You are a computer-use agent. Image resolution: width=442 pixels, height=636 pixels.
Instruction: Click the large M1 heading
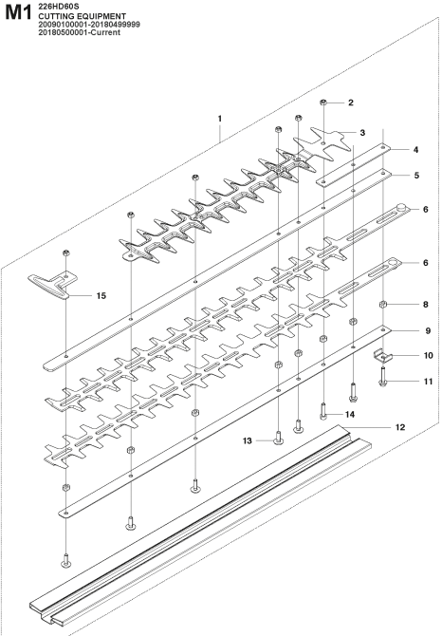pos(18,12)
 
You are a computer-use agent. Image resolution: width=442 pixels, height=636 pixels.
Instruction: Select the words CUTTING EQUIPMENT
pos(82,16)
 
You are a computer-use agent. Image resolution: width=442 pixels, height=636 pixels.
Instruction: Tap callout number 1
pos(220,119)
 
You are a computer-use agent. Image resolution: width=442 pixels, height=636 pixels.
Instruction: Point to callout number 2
pos(351,103)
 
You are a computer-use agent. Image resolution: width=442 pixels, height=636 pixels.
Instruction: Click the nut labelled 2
pos(323,103)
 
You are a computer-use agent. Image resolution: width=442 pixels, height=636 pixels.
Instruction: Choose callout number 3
pos(362,133)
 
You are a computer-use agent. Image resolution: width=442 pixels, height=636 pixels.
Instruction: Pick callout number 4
pos(415,150)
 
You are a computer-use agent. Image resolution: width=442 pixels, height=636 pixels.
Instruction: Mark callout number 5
pos(417,176)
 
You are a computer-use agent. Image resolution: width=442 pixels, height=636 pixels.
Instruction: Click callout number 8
pos(425,304)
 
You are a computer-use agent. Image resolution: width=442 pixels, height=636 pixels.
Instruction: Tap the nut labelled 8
pos(382,304)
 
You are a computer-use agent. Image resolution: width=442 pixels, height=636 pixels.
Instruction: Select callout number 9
pos(428,331)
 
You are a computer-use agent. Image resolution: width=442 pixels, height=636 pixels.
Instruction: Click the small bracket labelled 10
pos(382,356)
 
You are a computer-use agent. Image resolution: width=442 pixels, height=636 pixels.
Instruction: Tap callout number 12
pos(400,427)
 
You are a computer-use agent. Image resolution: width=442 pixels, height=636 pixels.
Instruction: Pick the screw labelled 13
pos(278,438)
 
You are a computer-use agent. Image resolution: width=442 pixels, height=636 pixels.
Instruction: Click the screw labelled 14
pos(323,410)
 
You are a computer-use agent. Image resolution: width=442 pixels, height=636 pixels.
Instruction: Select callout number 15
pos(101,295)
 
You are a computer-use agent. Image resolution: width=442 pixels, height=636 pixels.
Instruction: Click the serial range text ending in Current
pos(80,32)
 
